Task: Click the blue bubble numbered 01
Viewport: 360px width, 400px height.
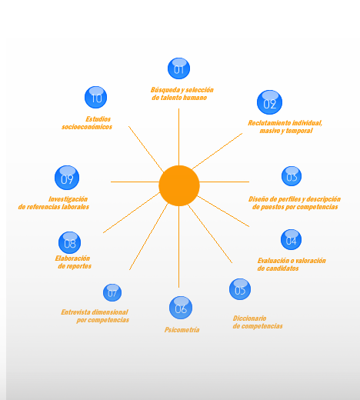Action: tap(178, 68)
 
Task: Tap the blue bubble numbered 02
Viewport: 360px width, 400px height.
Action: tap(269, 102)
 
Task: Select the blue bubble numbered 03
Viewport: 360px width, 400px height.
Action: tap(292, 176)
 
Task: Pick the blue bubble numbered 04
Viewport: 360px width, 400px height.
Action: tap(291, 239)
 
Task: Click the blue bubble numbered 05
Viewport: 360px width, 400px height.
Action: tap(240, 289)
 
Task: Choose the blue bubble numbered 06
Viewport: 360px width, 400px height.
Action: tap(181, 308)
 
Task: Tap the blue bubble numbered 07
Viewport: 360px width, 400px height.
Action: tap(112, 292)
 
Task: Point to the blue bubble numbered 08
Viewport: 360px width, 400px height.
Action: tap(69, 242)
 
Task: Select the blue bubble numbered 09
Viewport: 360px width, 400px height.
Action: tap(67, 178)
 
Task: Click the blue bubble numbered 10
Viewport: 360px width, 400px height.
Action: tap(95, 97)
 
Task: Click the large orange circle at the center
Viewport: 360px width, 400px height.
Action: tap(179, 185)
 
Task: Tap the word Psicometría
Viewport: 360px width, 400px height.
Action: tap(182, 330)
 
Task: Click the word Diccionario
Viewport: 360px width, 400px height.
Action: tap(249, 318)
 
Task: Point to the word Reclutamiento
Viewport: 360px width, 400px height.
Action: tap(269, 123)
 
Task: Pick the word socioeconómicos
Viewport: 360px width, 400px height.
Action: tap(87, 127)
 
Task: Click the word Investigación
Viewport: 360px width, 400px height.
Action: tap(68, 199)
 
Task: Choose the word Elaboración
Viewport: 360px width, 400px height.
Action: tap(72, 258)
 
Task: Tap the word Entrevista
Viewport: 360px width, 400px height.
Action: tap(75, 312)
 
